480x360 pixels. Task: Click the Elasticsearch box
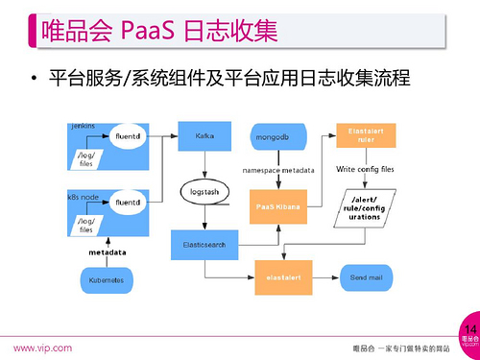pos(204,244)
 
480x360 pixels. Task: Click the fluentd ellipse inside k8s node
pos(127,203)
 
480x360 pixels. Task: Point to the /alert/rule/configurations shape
pos(360,207)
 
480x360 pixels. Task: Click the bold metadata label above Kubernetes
pos(108,252)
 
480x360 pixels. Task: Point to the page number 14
pos(470,328)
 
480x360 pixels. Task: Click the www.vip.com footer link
pos(41,348)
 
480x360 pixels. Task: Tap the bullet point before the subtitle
pos(33,77)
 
